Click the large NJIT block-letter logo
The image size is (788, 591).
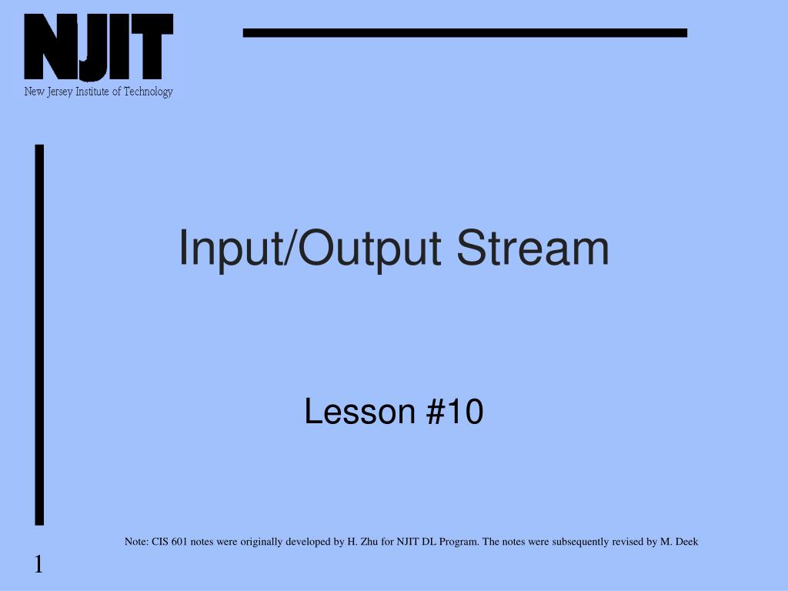coord(98,48)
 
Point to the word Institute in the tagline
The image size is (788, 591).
coord(95,92)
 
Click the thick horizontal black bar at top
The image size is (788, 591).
coord(465,32)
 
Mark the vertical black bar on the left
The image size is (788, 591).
coord(39,334)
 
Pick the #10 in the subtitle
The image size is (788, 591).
coord(454,412)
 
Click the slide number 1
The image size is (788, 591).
coord(38,566)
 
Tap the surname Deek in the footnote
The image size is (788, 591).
coord(686,542)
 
